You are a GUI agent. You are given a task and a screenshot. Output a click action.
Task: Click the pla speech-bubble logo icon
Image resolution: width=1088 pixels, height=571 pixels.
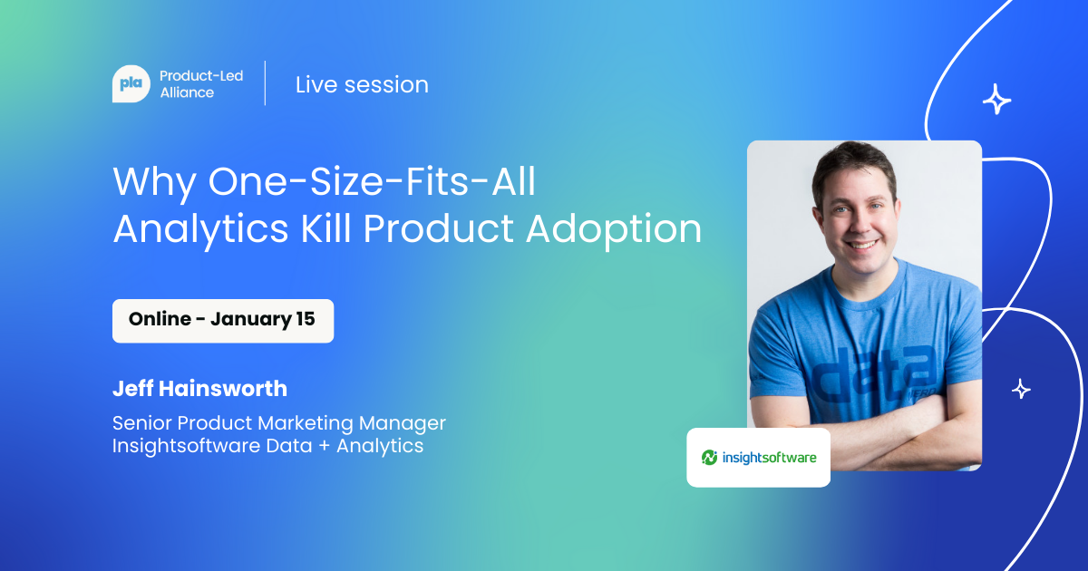click(131, 83)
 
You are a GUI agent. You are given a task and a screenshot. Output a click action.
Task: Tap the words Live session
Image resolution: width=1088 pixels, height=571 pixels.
click(362, 85)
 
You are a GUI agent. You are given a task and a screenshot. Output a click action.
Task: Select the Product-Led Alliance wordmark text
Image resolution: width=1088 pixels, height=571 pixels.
click(201, 84)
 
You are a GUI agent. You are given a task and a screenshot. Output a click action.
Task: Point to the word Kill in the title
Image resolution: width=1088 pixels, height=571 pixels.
click(325, 228)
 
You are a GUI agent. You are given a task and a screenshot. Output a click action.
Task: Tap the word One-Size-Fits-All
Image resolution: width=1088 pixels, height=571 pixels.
click(372, 181)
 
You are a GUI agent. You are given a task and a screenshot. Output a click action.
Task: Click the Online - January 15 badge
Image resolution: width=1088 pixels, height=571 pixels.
click(223, 321)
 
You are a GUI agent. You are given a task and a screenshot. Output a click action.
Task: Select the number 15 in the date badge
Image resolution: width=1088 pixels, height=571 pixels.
click(306, 319)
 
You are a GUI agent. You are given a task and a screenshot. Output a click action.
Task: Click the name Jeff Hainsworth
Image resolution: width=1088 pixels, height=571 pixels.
click(199, 389)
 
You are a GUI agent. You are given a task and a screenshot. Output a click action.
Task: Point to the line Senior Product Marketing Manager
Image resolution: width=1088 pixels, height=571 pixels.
click(279, 423)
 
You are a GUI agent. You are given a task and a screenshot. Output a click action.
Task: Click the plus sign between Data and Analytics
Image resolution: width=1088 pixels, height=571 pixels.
click(324, 446)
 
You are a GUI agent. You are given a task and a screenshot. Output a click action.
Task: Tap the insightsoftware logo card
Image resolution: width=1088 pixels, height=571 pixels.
click(758, 458)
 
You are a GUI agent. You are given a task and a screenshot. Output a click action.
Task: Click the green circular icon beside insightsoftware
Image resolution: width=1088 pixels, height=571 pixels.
click(709, 458)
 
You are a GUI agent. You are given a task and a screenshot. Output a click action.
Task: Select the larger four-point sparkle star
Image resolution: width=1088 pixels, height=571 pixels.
click(996, 99)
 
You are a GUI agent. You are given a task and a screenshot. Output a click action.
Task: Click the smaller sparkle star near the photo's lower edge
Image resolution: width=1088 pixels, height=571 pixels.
click(1021, 389)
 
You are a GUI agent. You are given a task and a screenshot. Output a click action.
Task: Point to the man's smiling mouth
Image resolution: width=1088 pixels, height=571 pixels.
click(860, 244)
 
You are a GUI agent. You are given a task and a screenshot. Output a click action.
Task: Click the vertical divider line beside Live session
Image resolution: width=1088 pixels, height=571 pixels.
click(265, 83)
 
